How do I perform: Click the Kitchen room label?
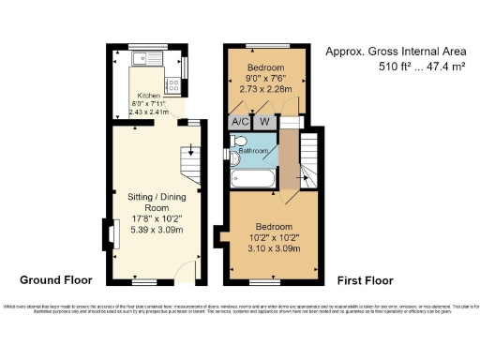point(149,96)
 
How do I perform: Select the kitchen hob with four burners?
point(173,86)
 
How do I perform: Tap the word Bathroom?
point(254,151)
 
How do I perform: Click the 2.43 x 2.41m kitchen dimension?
point(149,112)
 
